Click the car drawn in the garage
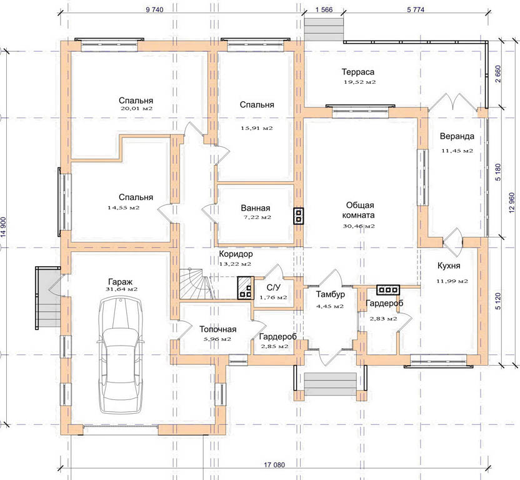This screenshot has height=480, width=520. pos(121,355)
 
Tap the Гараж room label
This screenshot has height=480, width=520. pos(120,282)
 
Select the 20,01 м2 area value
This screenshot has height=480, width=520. pos(137,109)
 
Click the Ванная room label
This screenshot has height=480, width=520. pos(256,208)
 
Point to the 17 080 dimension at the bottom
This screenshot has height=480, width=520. pos(274,465)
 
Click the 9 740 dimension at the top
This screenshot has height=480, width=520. pos(154,9)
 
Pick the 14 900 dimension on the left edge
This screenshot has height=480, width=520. pos(3,227)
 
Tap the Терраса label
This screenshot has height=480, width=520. pos(358,72)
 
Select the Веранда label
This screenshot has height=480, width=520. pos(457,136)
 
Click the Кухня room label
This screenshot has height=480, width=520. pos(449,266)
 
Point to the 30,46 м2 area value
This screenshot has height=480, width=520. pos(359,226)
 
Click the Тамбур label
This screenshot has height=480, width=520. pos(330,294)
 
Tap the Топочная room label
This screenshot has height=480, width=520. pos(218,329)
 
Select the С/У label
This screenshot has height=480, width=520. pos(274,287)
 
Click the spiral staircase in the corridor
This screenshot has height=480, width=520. pos(196,284)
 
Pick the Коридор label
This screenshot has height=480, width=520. pos(236,254)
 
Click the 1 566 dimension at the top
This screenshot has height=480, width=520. pos(324,9)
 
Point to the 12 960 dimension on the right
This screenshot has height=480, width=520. pos(512,202)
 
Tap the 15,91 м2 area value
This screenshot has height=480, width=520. pos(257,128)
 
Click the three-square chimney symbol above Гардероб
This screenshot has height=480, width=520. pos(388,290)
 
